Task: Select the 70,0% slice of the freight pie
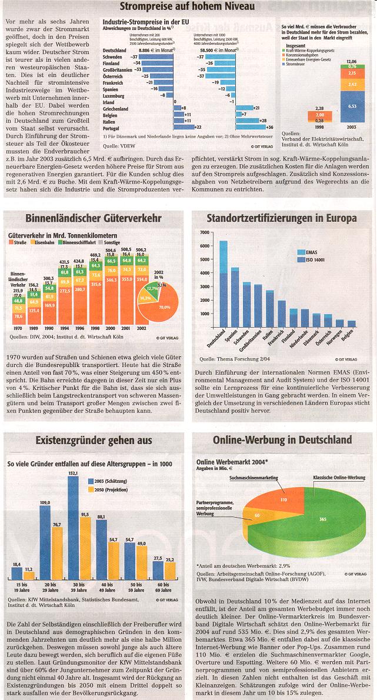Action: [x=164, y=307]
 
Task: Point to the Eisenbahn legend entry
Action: [x=46, y=242]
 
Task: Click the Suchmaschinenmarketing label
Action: [x=253, y=478]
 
